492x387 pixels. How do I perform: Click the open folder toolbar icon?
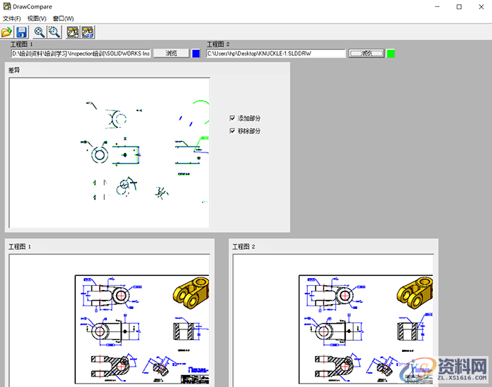7,32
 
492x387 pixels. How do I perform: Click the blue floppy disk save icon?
22,32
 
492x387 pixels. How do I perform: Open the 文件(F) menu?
12,18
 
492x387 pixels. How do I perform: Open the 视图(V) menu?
37,18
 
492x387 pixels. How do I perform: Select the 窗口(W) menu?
63,18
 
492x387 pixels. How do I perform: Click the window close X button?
481,6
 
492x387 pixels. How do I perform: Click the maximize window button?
459,6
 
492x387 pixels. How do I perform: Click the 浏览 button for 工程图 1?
171,53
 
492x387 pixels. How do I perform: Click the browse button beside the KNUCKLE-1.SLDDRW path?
366,53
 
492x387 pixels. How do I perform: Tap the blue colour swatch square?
196,53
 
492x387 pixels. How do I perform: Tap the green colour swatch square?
391,53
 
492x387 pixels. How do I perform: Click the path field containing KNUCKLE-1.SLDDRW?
276,53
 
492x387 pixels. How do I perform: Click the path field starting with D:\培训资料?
80,53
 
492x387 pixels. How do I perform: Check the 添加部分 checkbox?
233,118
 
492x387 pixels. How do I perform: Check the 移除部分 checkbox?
233,131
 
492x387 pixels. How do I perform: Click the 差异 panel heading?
14,70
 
